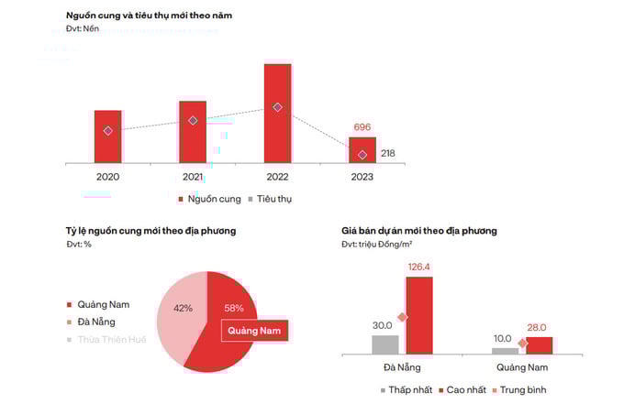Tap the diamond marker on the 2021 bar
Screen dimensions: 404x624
[x=193, y=121]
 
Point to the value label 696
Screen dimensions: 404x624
[x=362, y=127]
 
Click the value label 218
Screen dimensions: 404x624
[x=387, y=153]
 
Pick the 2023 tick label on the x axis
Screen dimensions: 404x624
[x=362, y=176]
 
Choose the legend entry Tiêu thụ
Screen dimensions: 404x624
[x=269, y=199]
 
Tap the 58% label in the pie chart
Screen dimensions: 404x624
[x=234, y=308]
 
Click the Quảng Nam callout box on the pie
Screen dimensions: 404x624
[x=254, y=330]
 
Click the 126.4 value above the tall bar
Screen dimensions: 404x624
[x=418, y=268]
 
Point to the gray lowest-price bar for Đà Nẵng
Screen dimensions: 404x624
[x=385, y=344]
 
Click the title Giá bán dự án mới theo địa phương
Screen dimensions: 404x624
[x=418, y=231]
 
